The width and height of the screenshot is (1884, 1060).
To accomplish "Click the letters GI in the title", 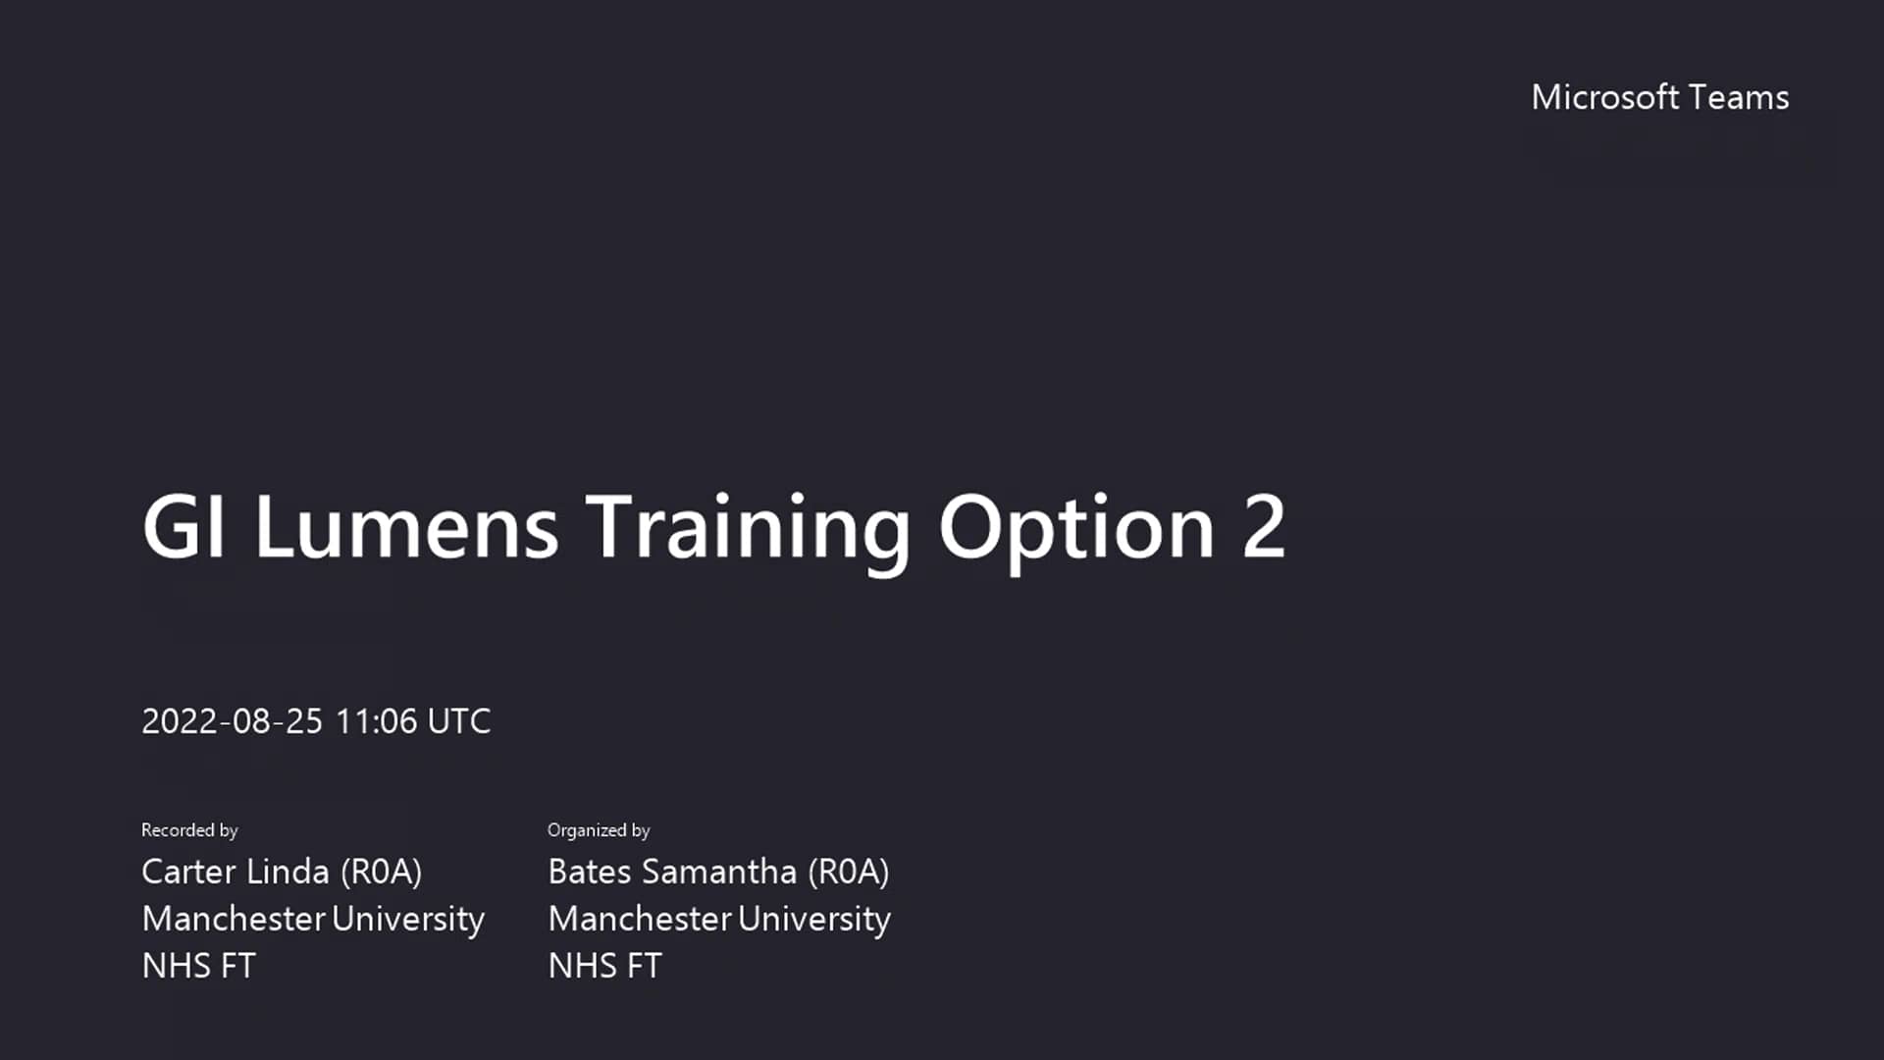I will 184,527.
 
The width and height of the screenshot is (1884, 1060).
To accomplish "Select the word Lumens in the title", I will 406,527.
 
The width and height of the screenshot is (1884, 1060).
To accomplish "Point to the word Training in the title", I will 748,530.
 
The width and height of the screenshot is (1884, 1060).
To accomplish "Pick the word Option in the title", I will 1076,530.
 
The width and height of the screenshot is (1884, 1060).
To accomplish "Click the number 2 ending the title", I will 1264,527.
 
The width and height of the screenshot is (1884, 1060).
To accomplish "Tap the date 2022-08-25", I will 232,721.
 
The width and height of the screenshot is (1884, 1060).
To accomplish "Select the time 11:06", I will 376,721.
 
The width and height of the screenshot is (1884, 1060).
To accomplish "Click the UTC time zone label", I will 459,721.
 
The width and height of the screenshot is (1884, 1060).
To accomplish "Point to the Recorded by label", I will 189,830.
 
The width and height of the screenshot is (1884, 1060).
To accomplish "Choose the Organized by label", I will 599,830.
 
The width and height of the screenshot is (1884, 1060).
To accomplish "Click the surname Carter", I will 187,872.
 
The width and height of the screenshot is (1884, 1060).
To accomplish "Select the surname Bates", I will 589,872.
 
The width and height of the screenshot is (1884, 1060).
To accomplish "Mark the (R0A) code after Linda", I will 381,872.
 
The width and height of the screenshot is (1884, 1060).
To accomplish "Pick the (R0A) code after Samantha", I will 848,872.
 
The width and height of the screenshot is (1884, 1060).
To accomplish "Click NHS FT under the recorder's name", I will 198,966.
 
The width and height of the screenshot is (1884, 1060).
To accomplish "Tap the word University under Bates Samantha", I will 814,920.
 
